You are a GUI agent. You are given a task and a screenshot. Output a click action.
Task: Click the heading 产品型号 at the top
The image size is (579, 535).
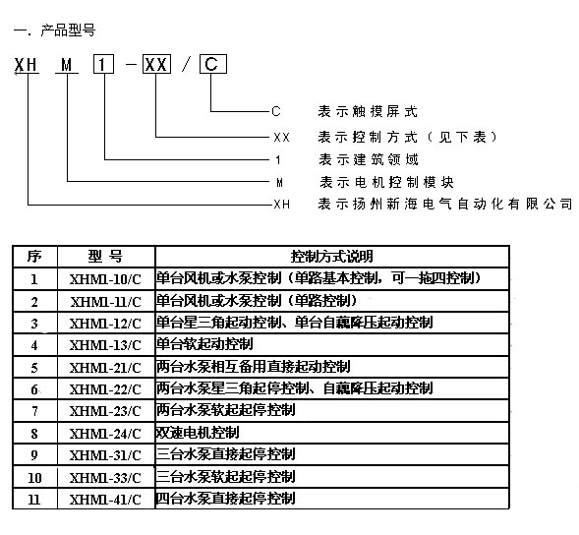[x=68, y=30]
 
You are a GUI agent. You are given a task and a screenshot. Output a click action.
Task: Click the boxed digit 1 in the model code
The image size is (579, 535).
[x=103, y=64]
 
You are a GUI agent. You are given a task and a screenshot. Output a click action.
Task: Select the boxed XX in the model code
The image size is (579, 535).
[x=156, y=64]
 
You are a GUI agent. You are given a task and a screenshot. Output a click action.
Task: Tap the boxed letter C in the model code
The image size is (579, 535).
[x=212, y=64]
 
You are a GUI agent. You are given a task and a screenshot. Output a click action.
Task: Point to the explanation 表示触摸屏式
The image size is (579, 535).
[x=368, y=111]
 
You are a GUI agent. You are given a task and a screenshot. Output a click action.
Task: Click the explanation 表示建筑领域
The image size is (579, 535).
[x=369, y=159]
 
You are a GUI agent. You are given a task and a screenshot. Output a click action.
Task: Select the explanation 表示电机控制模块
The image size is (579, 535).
[x=386, y=182]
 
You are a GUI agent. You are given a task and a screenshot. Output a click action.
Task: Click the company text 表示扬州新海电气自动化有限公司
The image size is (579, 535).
[x=445, y=204]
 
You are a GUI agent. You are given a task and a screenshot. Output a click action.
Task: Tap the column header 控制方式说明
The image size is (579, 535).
[x=331, y=256]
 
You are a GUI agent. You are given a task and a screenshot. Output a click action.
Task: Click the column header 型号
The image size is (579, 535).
[x=105, y=256]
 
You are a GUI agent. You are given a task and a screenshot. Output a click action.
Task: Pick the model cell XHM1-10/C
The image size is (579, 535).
[x=105, y=279]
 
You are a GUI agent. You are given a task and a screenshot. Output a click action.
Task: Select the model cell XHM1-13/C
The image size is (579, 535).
[x=105, y=345]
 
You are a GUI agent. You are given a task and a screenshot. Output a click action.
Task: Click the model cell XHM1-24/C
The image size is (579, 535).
[x=105, y=434]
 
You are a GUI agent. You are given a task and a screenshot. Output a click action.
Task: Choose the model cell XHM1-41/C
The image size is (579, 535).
[x=105, y=500]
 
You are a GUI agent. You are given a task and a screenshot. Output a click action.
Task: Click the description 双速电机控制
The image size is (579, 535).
[x=198, y=433]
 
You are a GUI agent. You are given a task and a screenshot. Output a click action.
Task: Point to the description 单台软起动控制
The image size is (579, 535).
[x=204, y=344]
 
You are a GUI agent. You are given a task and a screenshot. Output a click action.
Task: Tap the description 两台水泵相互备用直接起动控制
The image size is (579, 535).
[x=253, y=366]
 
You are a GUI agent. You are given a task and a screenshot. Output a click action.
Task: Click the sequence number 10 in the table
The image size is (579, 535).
[x=34, y=478]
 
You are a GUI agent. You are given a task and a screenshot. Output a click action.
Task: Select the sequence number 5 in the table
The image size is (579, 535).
[x=34, y=368]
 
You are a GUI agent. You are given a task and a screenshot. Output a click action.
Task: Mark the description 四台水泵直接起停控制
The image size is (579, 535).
[x=225, y=499]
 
